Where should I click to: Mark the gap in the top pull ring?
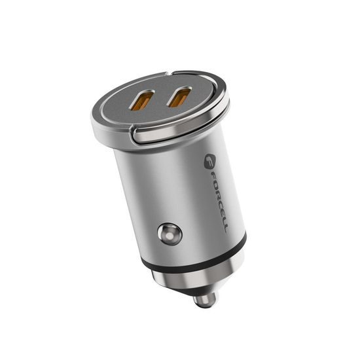tap(134, 134)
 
